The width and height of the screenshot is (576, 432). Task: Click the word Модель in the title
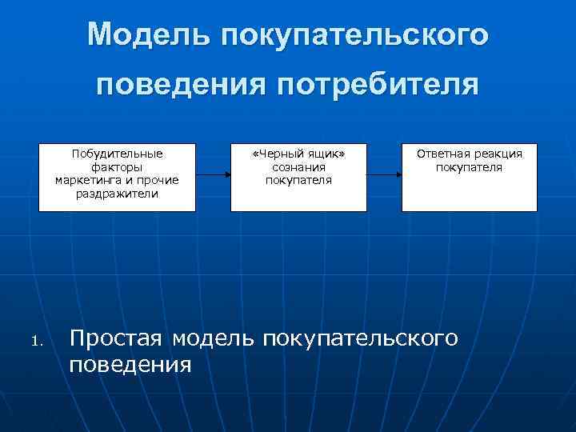pos(146,34)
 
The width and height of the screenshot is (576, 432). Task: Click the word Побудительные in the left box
pos(117,154)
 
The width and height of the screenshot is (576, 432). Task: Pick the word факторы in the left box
pos(117,167)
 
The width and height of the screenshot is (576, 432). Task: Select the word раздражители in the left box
pos(117,194)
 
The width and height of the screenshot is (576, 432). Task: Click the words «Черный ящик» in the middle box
pos(298,154)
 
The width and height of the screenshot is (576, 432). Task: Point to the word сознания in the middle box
pos(298,167)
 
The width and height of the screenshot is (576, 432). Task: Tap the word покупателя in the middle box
pos(298,180)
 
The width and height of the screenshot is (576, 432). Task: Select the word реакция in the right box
pos(498,154)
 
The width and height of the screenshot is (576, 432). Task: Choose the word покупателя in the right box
pos(469,167)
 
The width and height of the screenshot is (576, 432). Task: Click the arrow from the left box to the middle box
pos(213,174)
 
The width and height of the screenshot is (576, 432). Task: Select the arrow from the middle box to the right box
pos(384,174)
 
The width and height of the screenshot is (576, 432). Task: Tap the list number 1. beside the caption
pos(35,343)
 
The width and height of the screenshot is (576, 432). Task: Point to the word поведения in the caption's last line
pos(130,366)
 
